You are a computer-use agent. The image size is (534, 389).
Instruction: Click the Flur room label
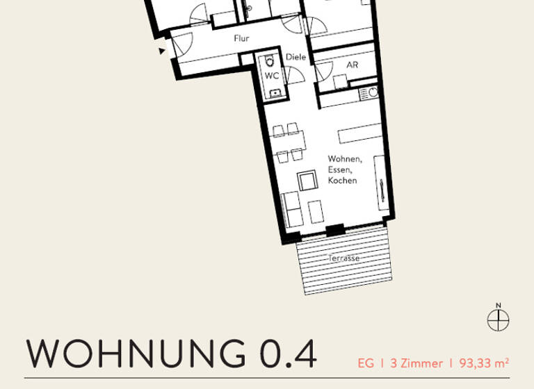(x=241, y=39)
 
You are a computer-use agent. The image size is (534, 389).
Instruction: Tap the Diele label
(x=294, y=58)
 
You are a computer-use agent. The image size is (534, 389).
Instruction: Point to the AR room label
(x=352, y=65)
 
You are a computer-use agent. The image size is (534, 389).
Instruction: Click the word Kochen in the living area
(x=343, y=181)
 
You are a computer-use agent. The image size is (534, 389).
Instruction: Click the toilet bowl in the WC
(x=270, y=60)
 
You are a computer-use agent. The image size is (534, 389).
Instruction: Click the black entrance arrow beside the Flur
(x=163, y=51)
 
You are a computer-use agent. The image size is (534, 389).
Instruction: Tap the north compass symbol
(x=499, y=319)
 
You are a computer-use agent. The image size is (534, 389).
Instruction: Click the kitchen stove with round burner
(x=373, y=92)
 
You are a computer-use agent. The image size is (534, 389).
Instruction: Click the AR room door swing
(x=323, y=72)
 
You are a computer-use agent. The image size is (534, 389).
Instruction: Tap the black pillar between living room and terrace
(x=335, y=231)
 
